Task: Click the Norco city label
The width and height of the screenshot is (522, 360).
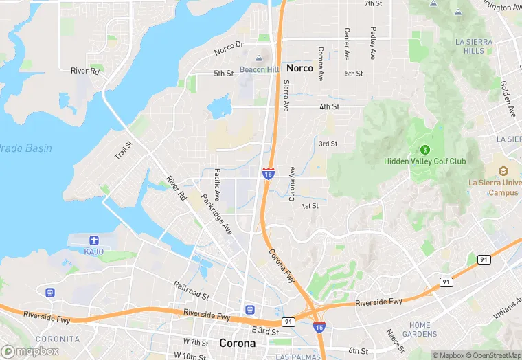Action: (x=299, y=68)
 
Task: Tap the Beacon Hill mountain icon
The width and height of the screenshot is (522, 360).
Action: (x=258, y=59)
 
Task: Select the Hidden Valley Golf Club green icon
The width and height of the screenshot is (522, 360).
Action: (x=424, y=149)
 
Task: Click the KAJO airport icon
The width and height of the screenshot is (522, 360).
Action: (x=94, y=240)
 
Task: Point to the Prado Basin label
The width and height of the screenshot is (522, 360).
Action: (x=25, y=148)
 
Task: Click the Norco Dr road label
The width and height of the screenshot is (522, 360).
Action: (x=229, y=48)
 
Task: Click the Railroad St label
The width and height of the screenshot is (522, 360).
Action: (x=191, y=291)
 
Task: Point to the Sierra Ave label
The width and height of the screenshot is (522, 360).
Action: (x=286, y=95)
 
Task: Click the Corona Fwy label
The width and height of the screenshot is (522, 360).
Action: (x=282, y=266)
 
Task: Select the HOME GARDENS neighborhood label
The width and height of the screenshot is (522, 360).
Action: (x=420, y=330)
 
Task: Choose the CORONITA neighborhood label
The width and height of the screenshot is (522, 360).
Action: (x=58, y=339)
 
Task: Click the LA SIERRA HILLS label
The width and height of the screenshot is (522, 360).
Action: (x=474, y=46)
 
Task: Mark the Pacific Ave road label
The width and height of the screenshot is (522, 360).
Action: (x=217, y=185)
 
